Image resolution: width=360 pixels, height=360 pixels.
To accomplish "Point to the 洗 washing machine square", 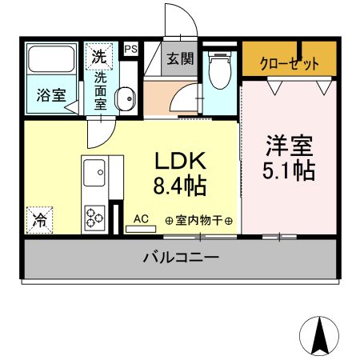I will coord(98,57).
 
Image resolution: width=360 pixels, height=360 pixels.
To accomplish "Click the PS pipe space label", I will coord(131,49).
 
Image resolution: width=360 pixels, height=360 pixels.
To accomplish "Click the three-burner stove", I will coord(94,215).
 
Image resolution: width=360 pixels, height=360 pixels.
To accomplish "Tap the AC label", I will coord(142,218).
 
